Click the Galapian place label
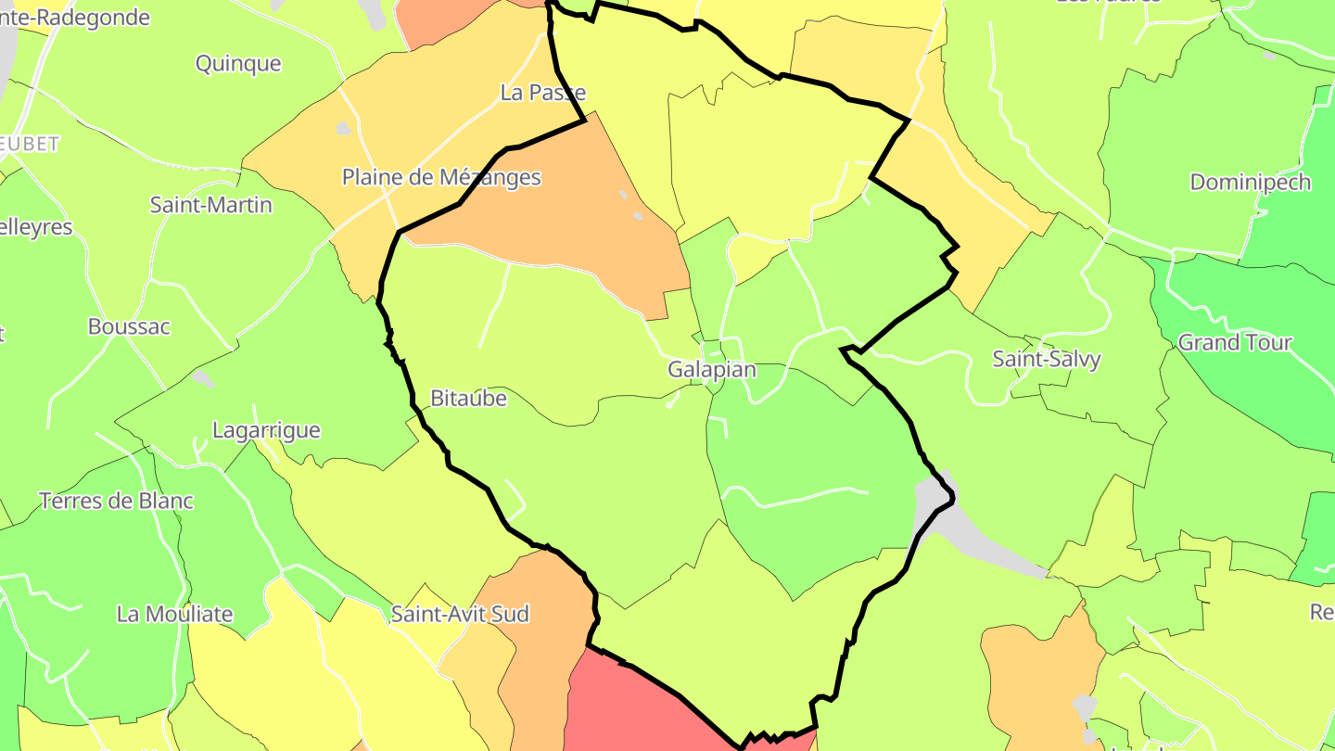tap(712, 370)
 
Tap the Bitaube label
tap(469, 399)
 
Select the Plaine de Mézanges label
tap(441, 177)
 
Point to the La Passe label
tap(543, 93)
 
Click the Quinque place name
tap(238, 64)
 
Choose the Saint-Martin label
tap(211, 205)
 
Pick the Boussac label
tap(129, 326)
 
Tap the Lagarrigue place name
tap(266, 430)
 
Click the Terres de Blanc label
tap(116, 502)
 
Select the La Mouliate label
tap(174, 614)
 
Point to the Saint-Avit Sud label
tap(460, 614)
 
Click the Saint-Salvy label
tap(1047, 360)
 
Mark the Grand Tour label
tap(1235, 343)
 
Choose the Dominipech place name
tap(1251, 183)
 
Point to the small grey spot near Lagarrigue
tap(202, 378)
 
